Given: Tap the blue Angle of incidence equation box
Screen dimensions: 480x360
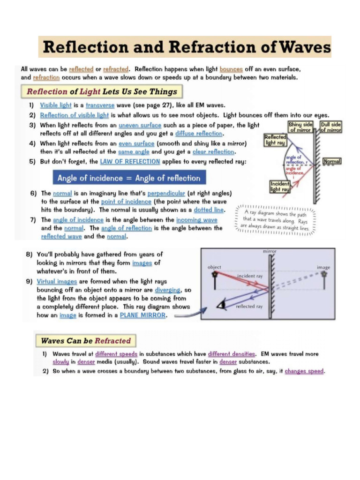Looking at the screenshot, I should point(128,178).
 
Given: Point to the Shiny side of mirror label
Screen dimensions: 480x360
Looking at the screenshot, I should point(300,127).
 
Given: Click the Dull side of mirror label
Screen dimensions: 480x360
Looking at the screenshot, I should point(330,127).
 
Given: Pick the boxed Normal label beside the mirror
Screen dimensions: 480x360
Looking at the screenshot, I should point(332,161).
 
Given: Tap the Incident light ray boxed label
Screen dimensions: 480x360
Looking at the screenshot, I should point(280,187).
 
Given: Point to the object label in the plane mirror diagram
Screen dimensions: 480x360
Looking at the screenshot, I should point(214,267).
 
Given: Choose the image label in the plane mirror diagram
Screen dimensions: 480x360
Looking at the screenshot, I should point(323,267).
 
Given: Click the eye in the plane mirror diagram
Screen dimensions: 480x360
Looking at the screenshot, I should point(219,305).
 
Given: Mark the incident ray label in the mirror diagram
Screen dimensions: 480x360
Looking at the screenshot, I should point(250,276).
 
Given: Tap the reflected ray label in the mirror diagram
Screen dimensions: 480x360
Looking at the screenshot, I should point(249,307).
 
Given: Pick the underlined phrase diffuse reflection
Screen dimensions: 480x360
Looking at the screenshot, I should point(199,134).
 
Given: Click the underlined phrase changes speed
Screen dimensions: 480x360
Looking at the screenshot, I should point(304,371).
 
